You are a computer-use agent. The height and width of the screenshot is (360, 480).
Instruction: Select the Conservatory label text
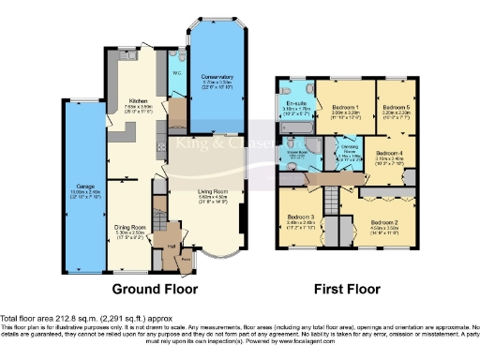pos(217,77)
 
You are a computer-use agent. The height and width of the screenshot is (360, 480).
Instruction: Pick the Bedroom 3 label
pos(302,222)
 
